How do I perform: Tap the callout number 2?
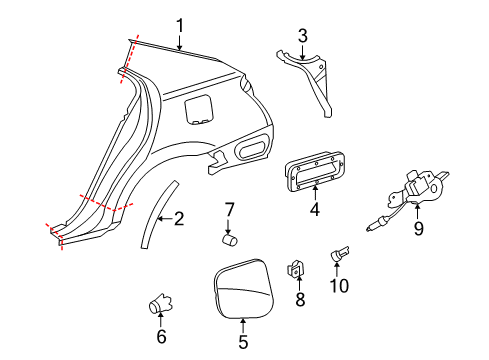pyautogui.click(x=179, y=218)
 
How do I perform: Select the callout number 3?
pyautogui.click(x=301, y=36)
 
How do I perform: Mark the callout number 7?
pyautogui.click(x=229, y=210)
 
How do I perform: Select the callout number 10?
pyautogui.click(x=342, y=287)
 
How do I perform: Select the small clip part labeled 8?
pyautogui.click(x=296, y=267)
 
